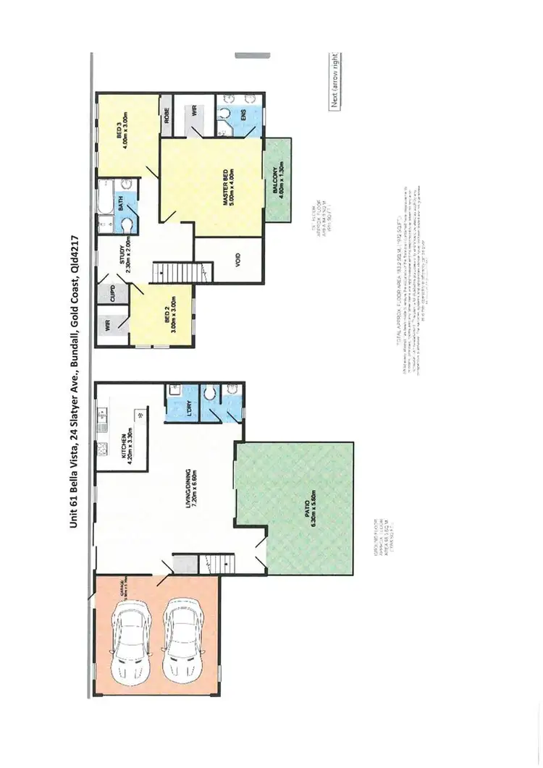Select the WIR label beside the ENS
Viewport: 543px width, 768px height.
tap(195, 112)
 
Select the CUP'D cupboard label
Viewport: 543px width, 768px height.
tap(113, 293)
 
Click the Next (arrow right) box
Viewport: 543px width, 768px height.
tap(335, 80)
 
